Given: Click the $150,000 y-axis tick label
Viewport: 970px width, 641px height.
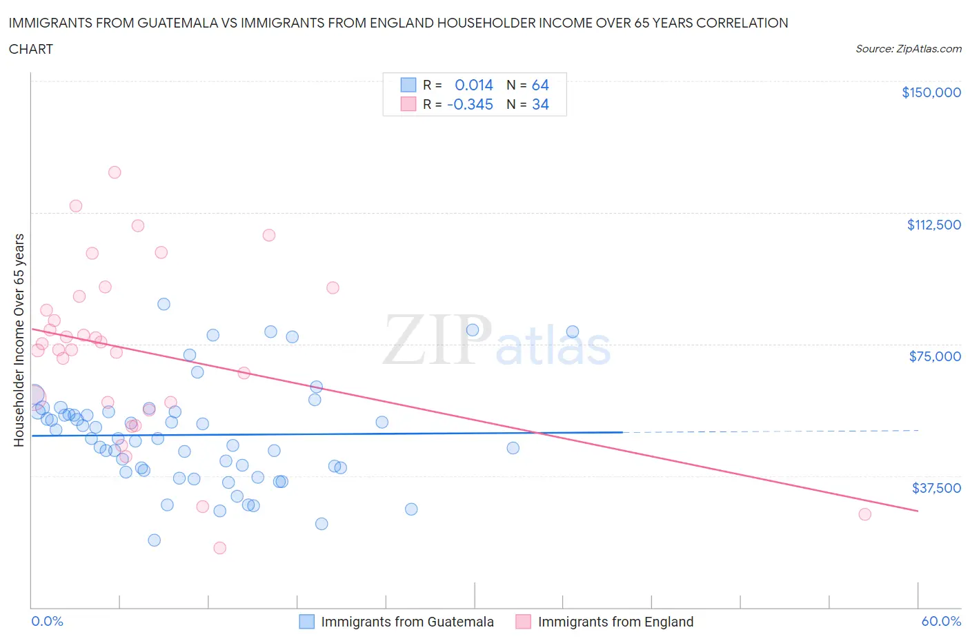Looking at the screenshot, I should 931,92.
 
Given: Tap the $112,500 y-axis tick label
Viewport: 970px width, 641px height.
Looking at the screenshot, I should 933,225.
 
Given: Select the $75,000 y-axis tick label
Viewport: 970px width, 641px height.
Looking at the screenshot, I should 935,356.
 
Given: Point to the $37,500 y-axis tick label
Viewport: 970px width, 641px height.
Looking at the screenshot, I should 936,488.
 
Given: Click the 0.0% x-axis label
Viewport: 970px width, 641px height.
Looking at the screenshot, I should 47,621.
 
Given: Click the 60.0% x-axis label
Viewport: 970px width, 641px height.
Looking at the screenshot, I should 941,621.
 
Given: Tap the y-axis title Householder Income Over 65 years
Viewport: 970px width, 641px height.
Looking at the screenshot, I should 19,340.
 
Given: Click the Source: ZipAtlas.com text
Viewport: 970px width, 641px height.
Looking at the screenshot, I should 908,49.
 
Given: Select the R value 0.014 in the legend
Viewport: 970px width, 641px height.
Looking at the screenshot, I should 474,85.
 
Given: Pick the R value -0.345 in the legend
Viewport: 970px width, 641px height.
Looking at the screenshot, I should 470,104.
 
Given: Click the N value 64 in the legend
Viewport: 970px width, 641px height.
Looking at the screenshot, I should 540,85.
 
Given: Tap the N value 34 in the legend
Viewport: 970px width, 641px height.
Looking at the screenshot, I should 540,104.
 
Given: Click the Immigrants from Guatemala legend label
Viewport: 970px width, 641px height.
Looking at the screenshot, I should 407,622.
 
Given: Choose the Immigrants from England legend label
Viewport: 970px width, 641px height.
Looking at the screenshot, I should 615,622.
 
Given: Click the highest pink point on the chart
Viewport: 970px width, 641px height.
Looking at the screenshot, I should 115,172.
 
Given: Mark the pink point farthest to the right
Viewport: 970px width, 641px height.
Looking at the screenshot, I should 864,514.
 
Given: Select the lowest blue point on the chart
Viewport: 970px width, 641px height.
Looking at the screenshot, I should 155,540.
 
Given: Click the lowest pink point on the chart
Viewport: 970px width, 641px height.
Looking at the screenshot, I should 220,548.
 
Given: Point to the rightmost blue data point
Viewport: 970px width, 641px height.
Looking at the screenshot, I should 573,332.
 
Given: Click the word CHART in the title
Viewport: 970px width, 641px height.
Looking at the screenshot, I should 31,49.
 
